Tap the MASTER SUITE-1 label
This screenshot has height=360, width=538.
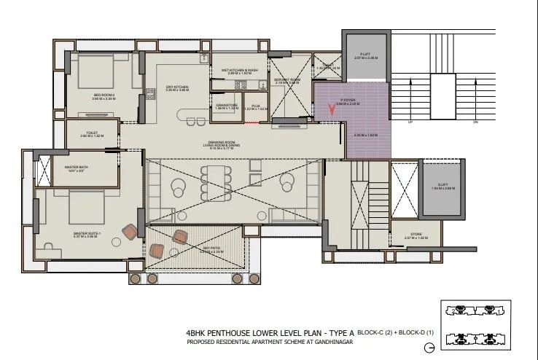coord(86,234)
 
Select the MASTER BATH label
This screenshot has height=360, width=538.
coord(77,167)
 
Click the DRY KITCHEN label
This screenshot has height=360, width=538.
coord(177,88)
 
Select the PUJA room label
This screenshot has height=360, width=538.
coord(255,106)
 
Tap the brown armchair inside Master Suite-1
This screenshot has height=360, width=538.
coord(130,232)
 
